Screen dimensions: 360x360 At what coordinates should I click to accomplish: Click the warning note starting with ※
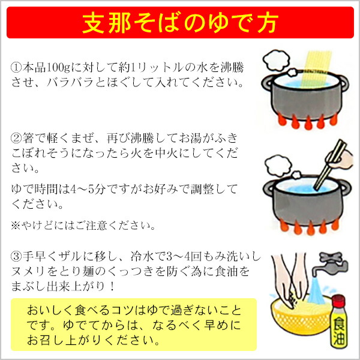(84, 226)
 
